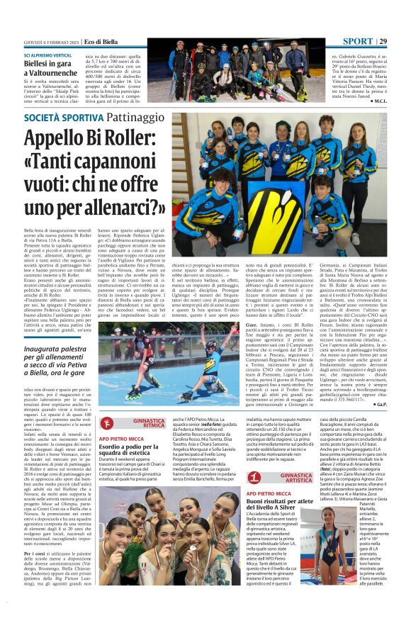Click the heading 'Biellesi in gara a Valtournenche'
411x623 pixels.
[x=55, y=67]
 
